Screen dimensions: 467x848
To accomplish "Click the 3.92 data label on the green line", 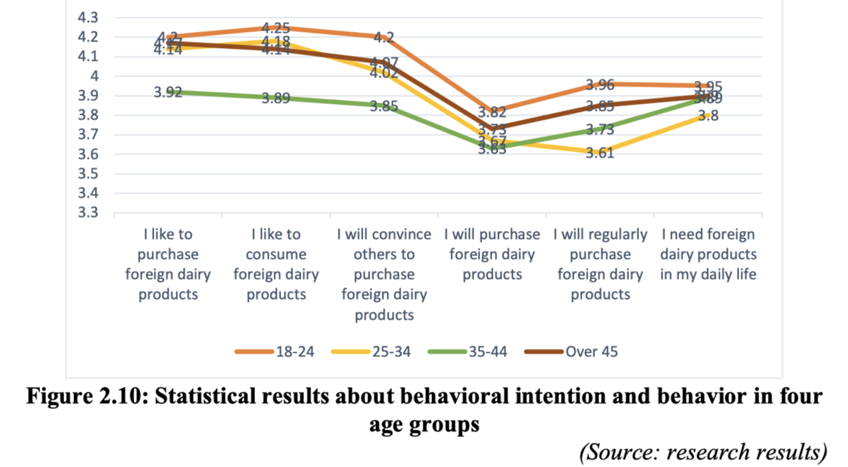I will (168, 93).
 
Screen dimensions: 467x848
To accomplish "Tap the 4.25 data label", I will (276, 28).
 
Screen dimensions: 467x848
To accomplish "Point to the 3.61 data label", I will (600, 153).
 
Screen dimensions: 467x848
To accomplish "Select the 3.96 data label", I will (600, 85).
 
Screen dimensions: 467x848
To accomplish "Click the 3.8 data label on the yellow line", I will (708, 116).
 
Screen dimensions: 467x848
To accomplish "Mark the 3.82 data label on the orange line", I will (493, 112).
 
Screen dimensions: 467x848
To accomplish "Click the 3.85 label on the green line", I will (384, 106).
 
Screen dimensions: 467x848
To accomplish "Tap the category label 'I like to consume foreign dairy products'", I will (276, 264).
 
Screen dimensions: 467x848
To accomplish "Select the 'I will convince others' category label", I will (384, 274).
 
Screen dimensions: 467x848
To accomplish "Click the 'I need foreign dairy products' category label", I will (708, 254).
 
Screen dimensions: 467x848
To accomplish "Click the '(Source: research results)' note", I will (703, 452).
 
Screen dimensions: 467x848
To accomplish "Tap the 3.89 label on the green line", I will (276, 99).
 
